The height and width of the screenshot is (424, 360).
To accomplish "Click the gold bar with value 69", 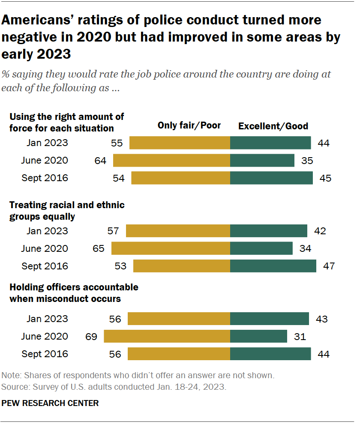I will click(167, 337).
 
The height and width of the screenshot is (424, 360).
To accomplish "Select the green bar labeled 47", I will click(273, 266).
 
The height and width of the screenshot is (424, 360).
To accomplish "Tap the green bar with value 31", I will click(258, 337).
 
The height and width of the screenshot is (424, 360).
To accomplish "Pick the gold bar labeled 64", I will click(171, 161).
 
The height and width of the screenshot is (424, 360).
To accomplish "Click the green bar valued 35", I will click(262, 161).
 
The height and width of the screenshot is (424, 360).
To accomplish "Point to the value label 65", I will click(99, 248).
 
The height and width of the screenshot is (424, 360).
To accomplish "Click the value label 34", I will click(305, 248).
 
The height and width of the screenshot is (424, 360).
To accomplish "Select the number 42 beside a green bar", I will click(320, 231).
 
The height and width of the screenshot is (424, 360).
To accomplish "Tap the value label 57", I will click(113, 231).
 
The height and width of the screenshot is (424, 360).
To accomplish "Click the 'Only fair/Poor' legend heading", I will click(189, 125).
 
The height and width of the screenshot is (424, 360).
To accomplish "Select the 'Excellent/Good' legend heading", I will click(273, 126).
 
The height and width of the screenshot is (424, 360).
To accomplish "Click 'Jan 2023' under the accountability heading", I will click(47, 319).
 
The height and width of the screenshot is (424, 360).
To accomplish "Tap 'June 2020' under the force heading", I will click(44, 161).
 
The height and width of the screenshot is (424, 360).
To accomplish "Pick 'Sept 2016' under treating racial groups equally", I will click(45, 266).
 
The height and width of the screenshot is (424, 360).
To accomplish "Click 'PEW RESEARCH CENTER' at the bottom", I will click(51, 403).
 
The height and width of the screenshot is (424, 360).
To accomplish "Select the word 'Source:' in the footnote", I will click(15, 386).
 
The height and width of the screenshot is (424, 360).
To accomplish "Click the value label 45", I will click(325, 178).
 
